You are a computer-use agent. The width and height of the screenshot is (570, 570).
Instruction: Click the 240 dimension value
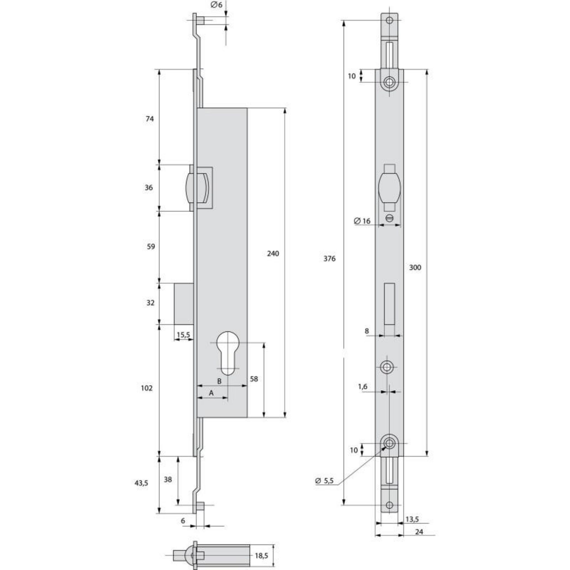click(273, 254)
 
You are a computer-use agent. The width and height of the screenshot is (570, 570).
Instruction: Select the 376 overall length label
click(330, 259)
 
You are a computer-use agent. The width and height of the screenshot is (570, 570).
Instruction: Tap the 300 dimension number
click(415, 267)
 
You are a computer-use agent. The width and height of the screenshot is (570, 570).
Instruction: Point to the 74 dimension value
click(150, 119)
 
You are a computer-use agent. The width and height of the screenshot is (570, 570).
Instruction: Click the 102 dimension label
click(147, 388)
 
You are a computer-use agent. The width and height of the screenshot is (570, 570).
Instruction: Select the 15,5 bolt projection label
click(183, 335)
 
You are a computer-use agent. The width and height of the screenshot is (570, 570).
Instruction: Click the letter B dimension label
click(219, 381)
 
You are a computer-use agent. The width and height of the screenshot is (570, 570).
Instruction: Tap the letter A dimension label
click(211, 393)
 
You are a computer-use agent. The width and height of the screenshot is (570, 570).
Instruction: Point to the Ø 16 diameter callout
click(362, 221)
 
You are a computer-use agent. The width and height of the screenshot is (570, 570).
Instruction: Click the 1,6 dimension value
click(363, 387)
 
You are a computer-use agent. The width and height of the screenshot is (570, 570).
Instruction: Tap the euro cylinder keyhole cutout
click(227, 353)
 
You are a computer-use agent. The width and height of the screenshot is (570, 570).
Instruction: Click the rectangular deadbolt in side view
click(184, 304)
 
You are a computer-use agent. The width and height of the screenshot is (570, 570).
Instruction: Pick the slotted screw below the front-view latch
click(389, 218)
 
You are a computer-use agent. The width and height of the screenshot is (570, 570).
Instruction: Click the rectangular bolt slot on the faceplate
click(389, 304)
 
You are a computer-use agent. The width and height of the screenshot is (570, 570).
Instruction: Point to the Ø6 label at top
click(217, 5)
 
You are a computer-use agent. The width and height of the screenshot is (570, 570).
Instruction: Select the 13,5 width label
click(412, 519)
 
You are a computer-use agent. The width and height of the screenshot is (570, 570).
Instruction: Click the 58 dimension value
click(254, 379)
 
